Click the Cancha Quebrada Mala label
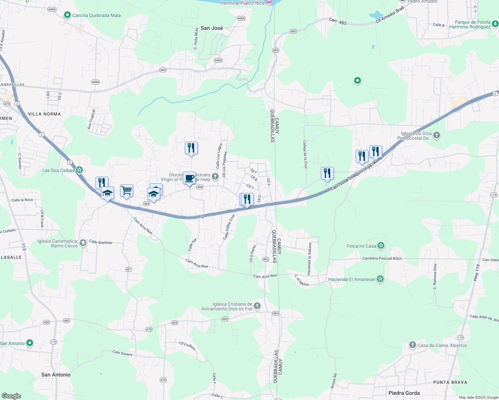pyautogui.click(x=96, y=15)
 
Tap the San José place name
pyautogui.click(x=212, y=28)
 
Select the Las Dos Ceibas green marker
pyautogui.click(x=79, y=170)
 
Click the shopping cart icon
pyautogui.click(x=127, y=191)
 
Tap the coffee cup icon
pyautogui.click(x=189, y=178)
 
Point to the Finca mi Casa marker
pyautogui.click(x=381, y=246)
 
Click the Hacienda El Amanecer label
pyautogui.click(x=352, y=279)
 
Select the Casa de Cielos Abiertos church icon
pyautogui.click(x=413, y=345)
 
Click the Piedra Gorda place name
pyautogui.click(x=404, y=393)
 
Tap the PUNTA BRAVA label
pyautogui.click(x=450, y=382)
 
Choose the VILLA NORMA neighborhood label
pyautogui.click(x=44, y=114)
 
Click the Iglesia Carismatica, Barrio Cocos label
pyautogui.click(x=57, y=243)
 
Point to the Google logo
pyautogui.click(x=11, y=396)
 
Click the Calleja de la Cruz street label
pyautogui.click(x=305, y=154)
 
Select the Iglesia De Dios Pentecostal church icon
pyautogui.click(x=437, y=135)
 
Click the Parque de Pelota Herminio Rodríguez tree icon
pyautogui.click(x=495, y=24)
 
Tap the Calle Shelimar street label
pyautogui.click(x=101, y=242)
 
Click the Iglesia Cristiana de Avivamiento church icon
pyautogui.click(x=257, y=306)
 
